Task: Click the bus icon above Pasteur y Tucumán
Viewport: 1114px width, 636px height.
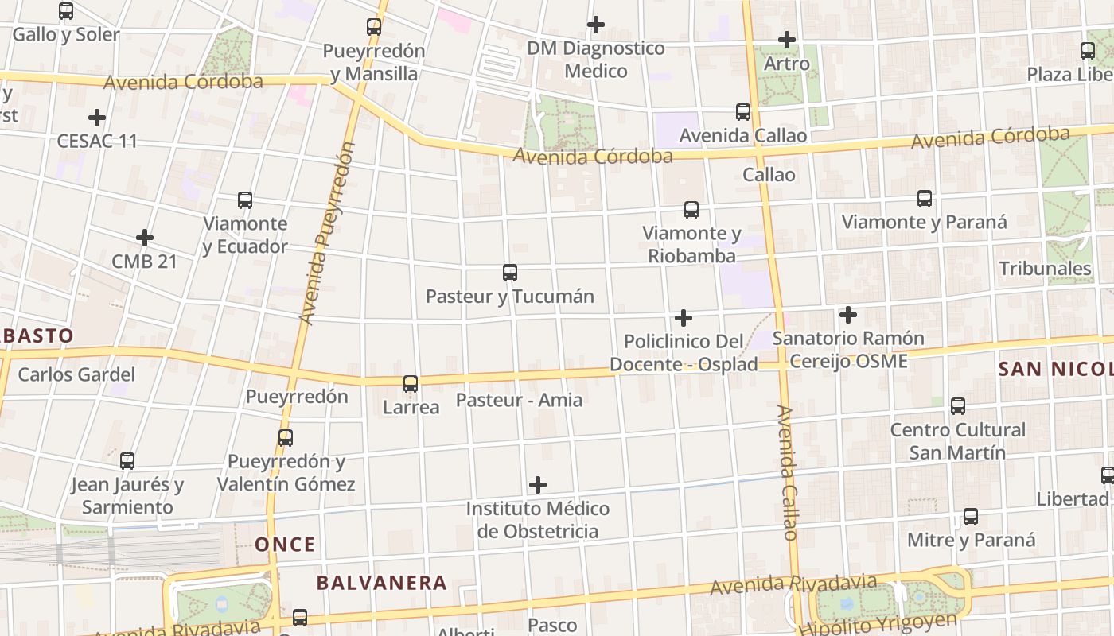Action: (510, 273)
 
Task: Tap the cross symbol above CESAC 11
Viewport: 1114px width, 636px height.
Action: (97, 118)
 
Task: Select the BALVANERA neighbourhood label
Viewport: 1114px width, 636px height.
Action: (381, 583)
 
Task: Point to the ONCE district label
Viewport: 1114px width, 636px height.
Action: (285, 545)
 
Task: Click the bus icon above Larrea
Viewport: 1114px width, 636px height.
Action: (411, 384)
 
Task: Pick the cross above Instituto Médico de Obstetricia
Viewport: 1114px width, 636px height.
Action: (538, 484)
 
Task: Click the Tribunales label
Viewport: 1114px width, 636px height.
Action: (1045, 269)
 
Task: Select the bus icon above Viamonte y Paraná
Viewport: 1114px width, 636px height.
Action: (924, 199)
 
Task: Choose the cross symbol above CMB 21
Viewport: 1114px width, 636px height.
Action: (144, 238)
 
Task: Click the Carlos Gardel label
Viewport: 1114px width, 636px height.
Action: (76, 374)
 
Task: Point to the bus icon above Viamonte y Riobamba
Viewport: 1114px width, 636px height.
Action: (691, 210)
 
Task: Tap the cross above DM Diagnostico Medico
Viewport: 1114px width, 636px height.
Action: (595, 25)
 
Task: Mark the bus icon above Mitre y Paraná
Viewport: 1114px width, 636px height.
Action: (971, 517)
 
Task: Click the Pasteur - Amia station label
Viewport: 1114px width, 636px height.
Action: (519, 400)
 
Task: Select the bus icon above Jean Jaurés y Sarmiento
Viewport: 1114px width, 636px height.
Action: (127, 460)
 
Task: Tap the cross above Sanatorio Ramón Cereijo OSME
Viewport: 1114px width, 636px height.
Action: (848, 315)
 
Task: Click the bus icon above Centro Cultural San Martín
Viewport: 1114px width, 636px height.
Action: (958, 406)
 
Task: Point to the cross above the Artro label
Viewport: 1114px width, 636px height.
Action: (787, 39)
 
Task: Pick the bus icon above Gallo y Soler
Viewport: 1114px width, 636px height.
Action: (66, 11)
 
